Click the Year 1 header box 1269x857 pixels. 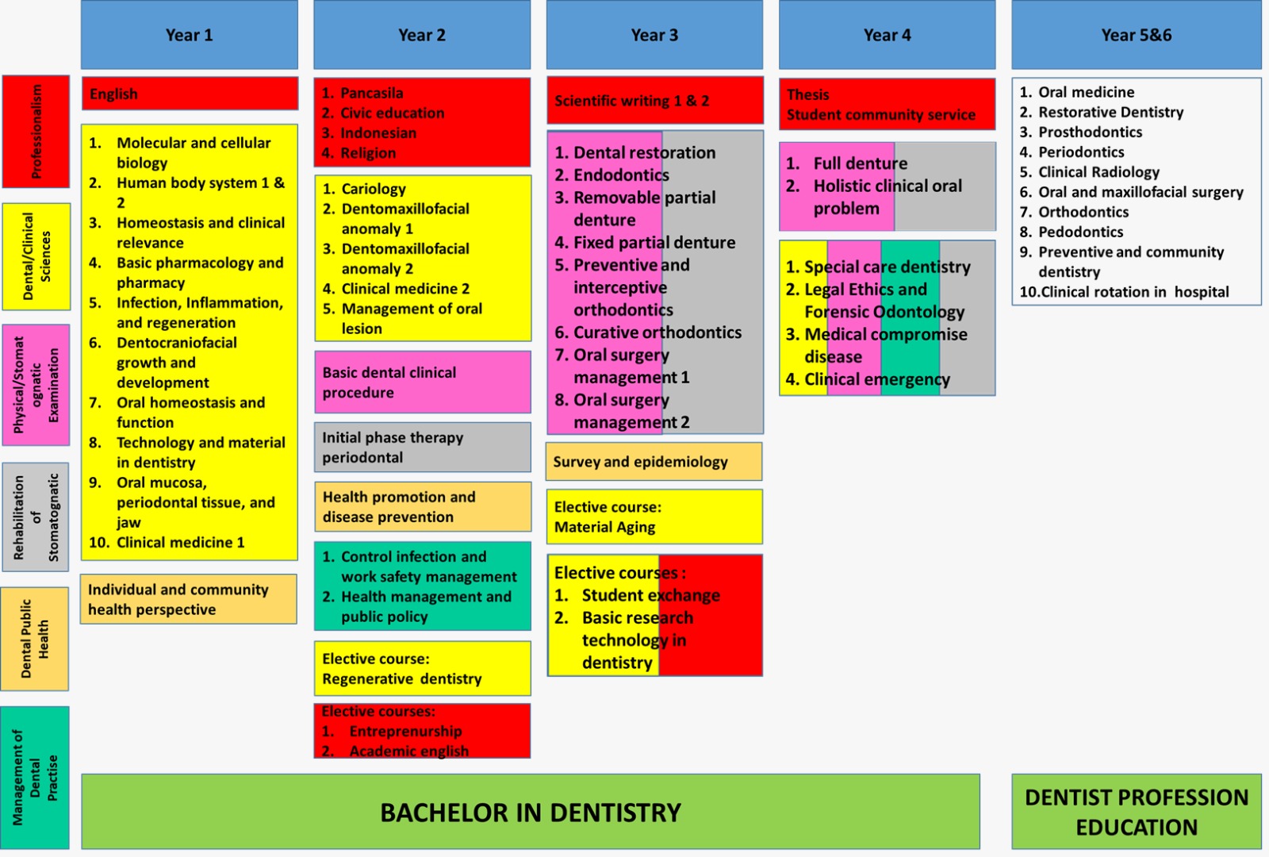[x=190, y=35]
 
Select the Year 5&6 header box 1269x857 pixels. [x=1137, y=35]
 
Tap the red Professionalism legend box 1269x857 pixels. [x=36, y=132]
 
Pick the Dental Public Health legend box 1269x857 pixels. [x=35, y=639]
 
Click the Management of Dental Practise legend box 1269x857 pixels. [x=35, y=777]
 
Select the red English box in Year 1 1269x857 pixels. [x=190, y=94]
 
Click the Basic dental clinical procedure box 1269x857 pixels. [x=423, y=382]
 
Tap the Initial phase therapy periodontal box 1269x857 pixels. [x=423, y=448]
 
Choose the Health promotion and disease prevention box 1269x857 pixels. [x=424, y=507]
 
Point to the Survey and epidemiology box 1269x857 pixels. [x=654, y=461]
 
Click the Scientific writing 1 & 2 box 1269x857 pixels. [x=655, y=100]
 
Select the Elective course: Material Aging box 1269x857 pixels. [x=655, y=517]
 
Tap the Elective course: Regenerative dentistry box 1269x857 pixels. [x=423, y=668]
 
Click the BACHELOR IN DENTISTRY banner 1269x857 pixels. [x=531, y=812]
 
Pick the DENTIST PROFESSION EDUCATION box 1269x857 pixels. [x=1137, y=812]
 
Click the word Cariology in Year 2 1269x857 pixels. [x=374, y=189]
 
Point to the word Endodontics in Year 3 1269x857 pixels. [x=622, y=175]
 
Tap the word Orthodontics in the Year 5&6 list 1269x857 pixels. [x=1083, y=212]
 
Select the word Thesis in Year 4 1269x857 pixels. [x=807, y=94]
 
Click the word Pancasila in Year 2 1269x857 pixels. [x=372, y=93]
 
